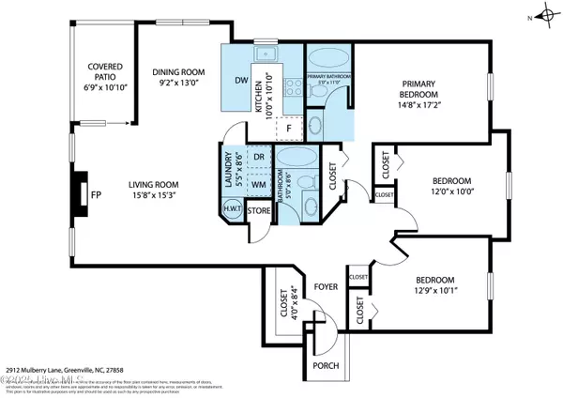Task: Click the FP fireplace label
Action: click(95, 195)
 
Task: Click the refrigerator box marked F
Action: click(290, 126)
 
